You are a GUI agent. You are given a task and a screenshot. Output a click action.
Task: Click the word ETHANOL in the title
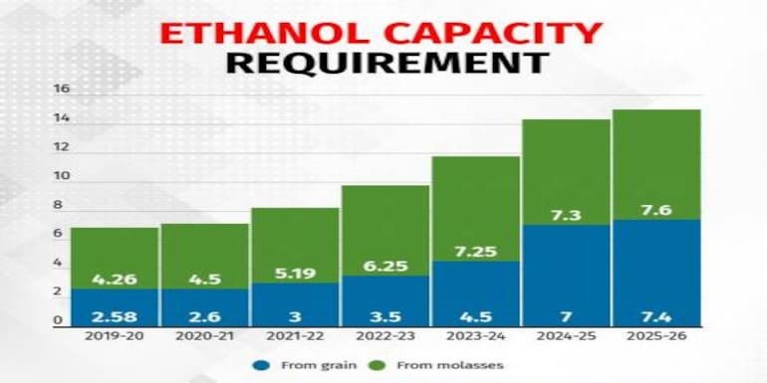[265, 33]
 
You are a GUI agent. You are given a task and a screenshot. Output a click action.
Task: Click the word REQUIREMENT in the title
[386, 62]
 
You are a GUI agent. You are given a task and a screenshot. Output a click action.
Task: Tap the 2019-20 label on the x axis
[114, 336]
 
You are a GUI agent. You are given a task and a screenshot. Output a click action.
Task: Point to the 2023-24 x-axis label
[475, 336]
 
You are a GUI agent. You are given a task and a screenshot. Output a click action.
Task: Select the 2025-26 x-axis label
[657, 336]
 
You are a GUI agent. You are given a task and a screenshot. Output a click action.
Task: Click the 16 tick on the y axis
[62, 90]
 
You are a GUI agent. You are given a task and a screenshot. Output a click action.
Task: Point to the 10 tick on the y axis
[62, 176]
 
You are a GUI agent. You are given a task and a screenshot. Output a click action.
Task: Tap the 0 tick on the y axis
[58, 321]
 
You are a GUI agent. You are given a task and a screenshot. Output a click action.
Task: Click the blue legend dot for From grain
[261, 365]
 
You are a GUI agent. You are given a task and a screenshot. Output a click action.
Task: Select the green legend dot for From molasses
[379, 365]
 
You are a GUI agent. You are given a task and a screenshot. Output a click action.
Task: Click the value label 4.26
[115, 280]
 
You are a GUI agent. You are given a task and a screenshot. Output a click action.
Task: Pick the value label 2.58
[115, 316]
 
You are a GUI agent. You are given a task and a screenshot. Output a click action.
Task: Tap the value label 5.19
[295, 274]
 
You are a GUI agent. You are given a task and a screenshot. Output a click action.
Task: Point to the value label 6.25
[385, 267]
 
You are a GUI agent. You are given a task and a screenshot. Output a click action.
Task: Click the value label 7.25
[475, 252]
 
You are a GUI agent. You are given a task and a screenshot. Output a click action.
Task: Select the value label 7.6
[657, 211]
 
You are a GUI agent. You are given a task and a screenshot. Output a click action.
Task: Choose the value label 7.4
[657, 316]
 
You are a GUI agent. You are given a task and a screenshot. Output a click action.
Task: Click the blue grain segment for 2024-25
[566, 276]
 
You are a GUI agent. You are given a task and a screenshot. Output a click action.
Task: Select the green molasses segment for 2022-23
[385, 231]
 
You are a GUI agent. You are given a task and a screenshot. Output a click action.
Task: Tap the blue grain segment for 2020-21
[205, 307]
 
